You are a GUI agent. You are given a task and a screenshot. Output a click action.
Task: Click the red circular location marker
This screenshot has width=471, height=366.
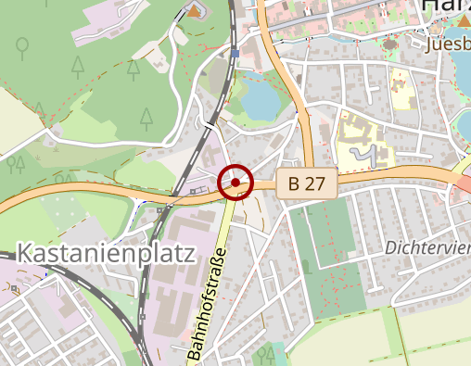click(x=235, y=183)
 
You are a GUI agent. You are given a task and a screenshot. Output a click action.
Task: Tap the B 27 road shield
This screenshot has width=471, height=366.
click(x=306, y=183)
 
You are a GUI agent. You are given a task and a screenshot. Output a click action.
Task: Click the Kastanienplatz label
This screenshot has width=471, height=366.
click(x=108, y=253)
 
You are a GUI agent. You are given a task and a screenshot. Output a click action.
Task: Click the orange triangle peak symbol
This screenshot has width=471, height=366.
click(x=193, y=10)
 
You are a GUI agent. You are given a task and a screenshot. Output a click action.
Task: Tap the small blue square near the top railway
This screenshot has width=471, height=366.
click(x=235, y=53)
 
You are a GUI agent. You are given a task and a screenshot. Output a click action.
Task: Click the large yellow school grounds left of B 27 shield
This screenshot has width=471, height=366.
click(x=362, y=144)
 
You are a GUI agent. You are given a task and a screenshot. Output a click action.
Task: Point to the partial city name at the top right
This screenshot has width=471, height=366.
click(x=444, y=7)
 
